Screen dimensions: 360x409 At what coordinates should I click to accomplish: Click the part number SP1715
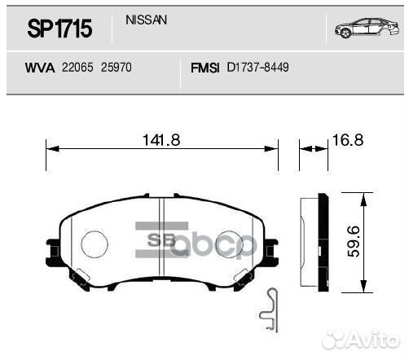pos(59,30)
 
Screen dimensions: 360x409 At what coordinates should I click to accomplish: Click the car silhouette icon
pos(360,29)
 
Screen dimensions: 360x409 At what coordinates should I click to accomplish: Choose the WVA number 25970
pos(116,68)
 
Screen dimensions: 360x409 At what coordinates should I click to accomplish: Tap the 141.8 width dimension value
pos(161,139)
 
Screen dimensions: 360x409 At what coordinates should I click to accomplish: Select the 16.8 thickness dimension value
pos(345,140)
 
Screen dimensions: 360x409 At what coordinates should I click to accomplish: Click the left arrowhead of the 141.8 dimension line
pos(50,149)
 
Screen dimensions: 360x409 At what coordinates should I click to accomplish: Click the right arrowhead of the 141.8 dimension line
pos(275,149)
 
